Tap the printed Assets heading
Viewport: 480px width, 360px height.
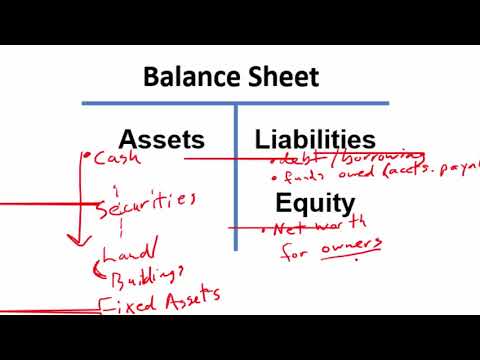point(161,140)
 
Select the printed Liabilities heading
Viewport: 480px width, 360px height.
point(315,140)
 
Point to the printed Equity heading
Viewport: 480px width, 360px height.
point(315,205)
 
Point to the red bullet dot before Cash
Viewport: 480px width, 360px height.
point(90,157)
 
